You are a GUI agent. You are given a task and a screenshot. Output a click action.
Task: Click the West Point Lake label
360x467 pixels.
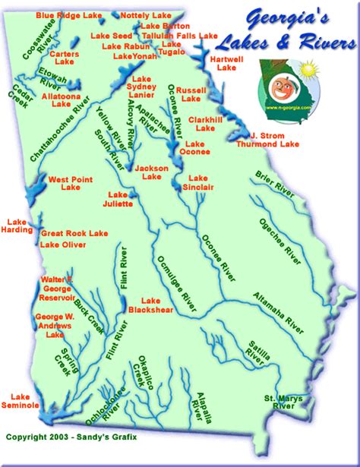pyautogui.click(x=65, y=183)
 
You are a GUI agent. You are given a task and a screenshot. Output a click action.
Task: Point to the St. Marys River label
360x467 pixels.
pyautogui.click(x=278, y=402)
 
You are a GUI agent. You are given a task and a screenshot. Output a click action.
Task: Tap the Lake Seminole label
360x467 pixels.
pyautogui.click(x=23, y=401)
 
